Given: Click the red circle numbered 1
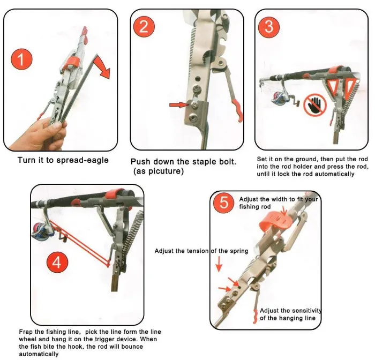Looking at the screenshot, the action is (21, 59).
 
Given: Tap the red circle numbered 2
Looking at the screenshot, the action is (144, 26).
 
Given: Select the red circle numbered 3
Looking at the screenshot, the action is (269, 27).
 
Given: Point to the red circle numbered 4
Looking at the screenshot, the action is (57, 262).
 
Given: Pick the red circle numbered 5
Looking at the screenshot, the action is (224, 203).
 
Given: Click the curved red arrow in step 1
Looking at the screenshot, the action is (102, 67).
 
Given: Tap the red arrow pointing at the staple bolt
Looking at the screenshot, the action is (179, 105).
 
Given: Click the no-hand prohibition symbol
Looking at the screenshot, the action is (315, 104).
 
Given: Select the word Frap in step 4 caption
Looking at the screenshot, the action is (27, 332).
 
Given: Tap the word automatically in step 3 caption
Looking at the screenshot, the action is (334, 174).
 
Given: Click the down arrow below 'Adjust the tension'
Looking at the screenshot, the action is (219, 264).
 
